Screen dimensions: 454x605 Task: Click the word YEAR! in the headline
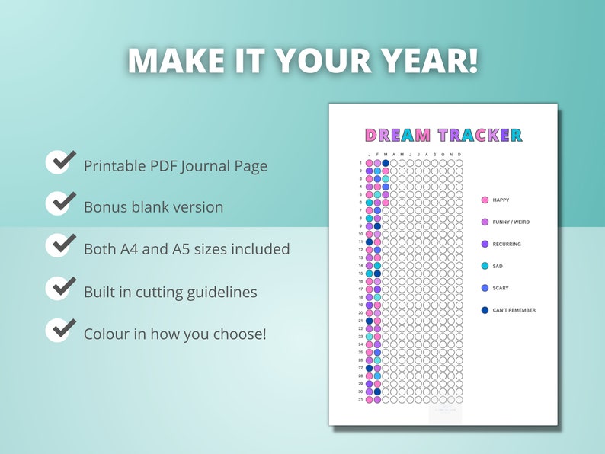(427, 61)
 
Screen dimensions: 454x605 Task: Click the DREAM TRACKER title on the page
(443, 136)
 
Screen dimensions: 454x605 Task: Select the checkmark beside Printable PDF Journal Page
(61, 162)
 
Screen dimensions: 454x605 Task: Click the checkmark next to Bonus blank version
(61, 203)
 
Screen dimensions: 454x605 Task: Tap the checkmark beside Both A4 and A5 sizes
(61, 245)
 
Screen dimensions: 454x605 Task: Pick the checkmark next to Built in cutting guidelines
(61, 288)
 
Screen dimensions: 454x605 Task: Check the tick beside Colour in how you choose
(61, 330)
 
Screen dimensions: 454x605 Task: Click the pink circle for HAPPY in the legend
(485, 200)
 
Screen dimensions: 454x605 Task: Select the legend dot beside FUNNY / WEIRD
(485, 222)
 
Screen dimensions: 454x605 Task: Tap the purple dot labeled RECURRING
(485, 245)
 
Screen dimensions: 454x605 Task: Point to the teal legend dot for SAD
(485, 266)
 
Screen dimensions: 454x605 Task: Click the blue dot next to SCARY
(485, 288)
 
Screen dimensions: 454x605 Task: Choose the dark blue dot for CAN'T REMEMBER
(485, 310)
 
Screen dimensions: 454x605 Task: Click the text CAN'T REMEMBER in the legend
(514, 310)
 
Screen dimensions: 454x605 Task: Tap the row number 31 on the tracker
(360, 399)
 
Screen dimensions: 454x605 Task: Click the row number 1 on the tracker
(361, 162)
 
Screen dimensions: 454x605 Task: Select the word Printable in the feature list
(114, 165)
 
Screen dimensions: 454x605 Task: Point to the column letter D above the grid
(459, 155)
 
